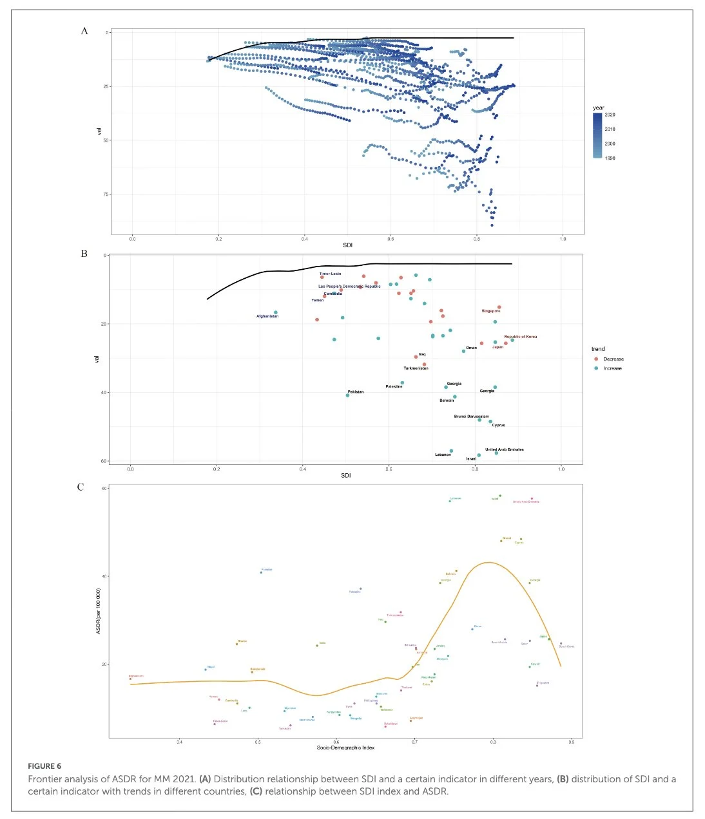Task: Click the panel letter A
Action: pyautogui.click(x=84, y=30)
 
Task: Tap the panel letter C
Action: pyautogui.click(x=81, y=487)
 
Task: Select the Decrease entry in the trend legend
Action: pyautogui.click(x=613, y=359)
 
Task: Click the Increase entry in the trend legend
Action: pyautogui.click(x=612, y=368)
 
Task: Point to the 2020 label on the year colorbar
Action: pyautogui.click(x=610, y=115)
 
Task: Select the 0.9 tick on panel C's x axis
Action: pyautogui.click(x=572, y=742)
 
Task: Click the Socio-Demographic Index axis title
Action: pyautogui.click(x=345, y=748)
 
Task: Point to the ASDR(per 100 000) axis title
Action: pyautogui.click(x=99, y=610)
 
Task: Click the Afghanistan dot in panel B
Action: pyautogui.click(x=276, y=312)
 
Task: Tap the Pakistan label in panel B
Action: pyautogui.click(x=356, y=391)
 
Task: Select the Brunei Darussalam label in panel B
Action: pyautogui.click(x=471, y=416)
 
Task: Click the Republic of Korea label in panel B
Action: pyautogui.click(x=520, y=337)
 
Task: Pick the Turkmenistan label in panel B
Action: pyautogui.click(x=416, y=368)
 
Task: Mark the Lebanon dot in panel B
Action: pyautogui.click(x=451, y=451)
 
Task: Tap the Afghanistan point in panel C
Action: pyautogui.click(x=131, y=679)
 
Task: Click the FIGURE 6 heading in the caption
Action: pyautogui.click(x=44, y=766)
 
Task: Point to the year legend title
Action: pyautogui.click(x=599, y=108)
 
